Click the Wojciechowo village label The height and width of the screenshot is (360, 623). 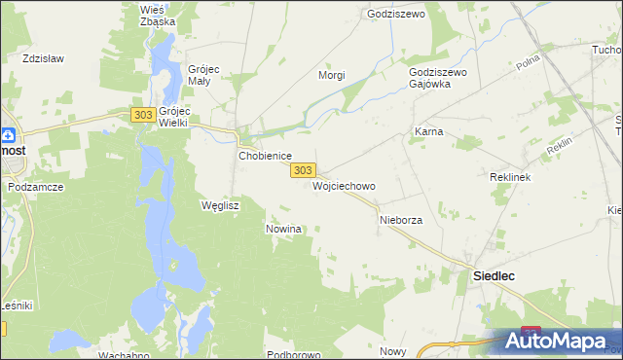tap(344, 185)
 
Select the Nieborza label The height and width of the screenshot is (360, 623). tap(400, 220)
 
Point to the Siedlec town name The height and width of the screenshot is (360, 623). tap(494, 275)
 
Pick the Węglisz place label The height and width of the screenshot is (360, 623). tap(219, 205)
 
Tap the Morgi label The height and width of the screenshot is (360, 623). tap(332, 75)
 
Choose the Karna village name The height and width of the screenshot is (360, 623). tap(428, 130)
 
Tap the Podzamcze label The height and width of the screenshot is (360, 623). tap(35, 186)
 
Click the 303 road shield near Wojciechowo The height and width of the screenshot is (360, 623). tap(303, 170)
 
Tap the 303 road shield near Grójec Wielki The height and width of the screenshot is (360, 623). tap(142, 115)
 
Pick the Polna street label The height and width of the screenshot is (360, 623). tap(529, 63)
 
